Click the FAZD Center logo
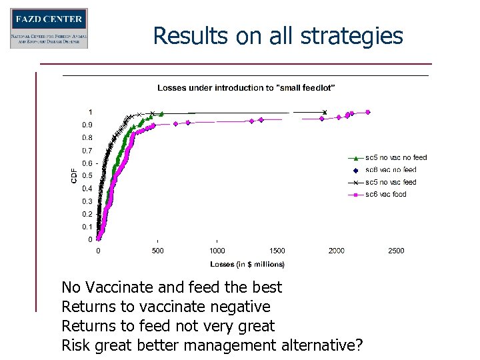tap(49, 28)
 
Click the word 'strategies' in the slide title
tap(353, 35)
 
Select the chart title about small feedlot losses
tap(246, 87)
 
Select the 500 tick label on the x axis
tap(158, 251)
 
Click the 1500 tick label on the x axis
tap(277, 251)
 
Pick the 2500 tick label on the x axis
tap(396, 251)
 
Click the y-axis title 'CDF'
tap(73, 176)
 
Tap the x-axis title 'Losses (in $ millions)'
tap(248, 265)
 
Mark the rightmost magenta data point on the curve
tap(367, 112)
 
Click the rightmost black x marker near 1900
tap(325, 112)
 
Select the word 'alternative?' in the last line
tap(322, 345)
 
